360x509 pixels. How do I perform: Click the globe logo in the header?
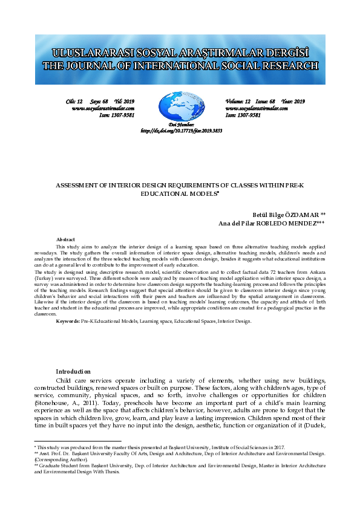(x=180, y=106)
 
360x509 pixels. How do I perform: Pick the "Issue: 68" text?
(x=266, y=101)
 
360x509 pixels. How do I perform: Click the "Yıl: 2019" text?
(x=124, y=101)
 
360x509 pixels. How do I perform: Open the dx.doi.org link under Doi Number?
(x=182, y=131)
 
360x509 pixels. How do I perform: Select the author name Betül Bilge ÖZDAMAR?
(x=289, y=215)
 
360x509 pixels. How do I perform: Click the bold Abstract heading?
(x=65, y=240)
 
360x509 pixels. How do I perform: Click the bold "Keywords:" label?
(x=68, y=321)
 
